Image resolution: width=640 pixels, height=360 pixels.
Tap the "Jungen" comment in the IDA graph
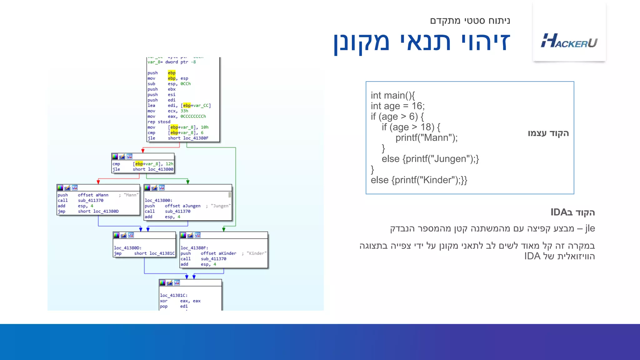tap(221, 206)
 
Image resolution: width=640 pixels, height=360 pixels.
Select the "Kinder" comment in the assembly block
tap(256, 253)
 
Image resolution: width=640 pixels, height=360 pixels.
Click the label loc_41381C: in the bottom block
tap(173, 295)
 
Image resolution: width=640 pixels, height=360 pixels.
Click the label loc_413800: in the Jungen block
tap(158, 200)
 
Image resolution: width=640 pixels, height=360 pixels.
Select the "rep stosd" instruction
tap(159, 122)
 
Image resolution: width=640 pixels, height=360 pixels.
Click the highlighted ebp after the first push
tap(172, 73)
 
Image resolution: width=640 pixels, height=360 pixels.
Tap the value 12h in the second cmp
tap(169, 164)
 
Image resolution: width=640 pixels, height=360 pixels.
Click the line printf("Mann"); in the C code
tap(426, 138)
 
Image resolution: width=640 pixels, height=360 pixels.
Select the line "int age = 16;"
tap(397, 106)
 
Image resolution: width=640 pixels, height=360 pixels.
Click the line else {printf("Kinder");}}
tap(419, 180)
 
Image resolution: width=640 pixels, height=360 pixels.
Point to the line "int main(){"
tap(392, 95)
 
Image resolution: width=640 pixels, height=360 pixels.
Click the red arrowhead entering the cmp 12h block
tap(143, 151)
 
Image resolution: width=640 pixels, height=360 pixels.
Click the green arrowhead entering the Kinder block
tap(224, 229)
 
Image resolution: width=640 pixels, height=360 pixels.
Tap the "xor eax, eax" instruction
tap(180, 301)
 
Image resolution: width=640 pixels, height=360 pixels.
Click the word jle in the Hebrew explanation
tap(590, 228)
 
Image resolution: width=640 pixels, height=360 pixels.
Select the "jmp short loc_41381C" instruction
tap(144, 253)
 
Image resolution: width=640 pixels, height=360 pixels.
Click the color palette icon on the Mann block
tap(60, 187)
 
